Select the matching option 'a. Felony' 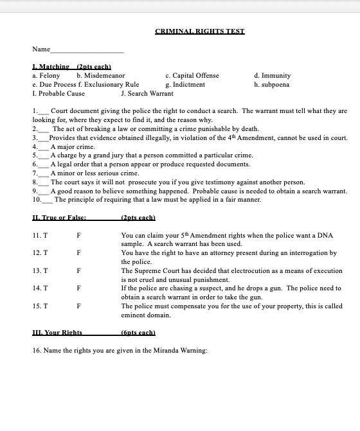click(46, 76)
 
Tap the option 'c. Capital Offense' click(192, 76)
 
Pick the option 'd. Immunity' click(273, 76)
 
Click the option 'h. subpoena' click(272, 84)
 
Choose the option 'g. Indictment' click(185, 84)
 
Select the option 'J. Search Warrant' click(147, 93)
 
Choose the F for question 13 click(78, 271)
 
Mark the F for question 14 click(78, 289)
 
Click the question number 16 click(36, 351)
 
